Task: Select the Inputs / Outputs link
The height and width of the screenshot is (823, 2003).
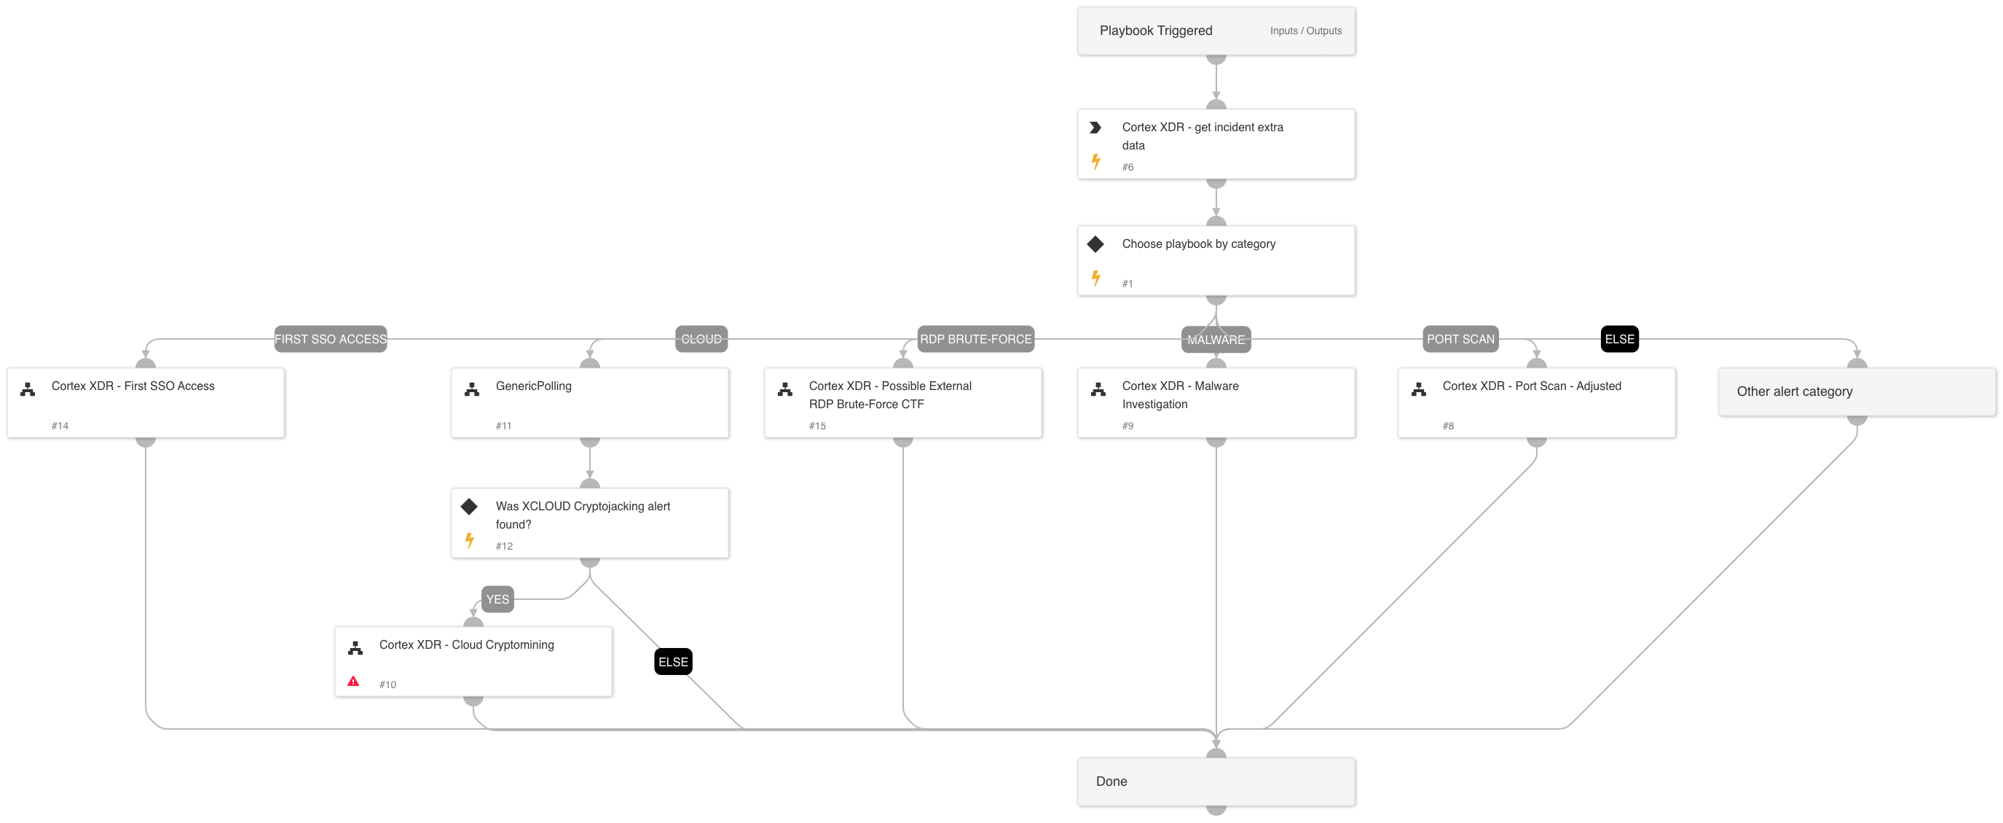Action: (1304, 31)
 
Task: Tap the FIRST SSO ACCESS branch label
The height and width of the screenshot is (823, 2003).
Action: (331, 339)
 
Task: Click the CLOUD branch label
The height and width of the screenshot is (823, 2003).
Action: (701, 339)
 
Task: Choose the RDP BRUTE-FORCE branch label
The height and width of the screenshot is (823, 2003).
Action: (975, 339)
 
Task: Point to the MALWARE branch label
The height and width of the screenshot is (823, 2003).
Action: (1216, 340)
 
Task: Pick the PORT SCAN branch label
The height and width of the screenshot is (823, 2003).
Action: (1460, 339)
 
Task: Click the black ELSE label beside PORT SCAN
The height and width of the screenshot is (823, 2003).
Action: (1619, 339)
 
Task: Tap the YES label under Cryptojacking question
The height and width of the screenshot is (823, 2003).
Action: (497, 599)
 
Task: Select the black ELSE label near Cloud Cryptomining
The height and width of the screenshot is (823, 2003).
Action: (672, 662)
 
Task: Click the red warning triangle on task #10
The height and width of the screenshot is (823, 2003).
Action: (353, 682)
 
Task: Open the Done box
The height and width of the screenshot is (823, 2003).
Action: (1216, 781)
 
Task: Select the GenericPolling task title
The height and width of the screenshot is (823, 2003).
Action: (533, 386)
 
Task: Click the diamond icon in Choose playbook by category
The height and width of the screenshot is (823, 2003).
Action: (1095, 244)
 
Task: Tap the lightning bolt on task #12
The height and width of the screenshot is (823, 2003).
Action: (470, 540)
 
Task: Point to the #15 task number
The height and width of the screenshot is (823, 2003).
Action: (816, 426)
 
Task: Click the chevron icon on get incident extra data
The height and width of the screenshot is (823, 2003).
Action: (1095, 128)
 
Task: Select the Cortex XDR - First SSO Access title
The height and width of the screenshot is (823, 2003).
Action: (133, 386)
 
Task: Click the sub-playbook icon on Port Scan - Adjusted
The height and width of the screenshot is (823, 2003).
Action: (1418, 390)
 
